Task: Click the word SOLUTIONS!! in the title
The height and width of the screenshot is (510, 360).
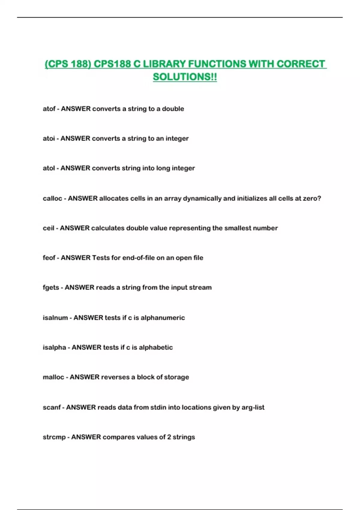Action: [x=185, y=77]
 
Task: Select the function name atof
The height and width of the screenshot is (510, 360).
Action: [x=49, y=109]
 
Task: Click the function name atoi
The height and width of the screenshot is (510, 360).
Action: [x=49, y=138]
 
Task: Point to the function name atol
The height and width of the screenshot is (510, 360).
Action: [x=49, y=168]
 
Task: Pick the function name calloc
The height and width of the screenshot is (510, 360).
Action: [x=52, y=198]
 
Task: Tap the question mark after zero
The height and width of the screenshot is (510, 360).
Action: [x=319, y=198]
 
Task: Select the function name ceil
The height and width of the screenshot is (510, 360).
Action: [x=48, y=228]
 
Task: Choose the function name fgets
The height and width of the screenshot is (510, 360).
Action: [x=51, y=287]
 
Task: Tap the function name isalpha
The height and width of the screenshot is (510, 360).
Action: [x=54, y=347]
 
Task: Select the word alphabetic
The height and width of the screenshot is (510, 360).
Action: [x=156, y=347]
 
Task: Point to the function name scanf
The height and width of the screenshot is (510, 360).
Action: [x=52, y=407]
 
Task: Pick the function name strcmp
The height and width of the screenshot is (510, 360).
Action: [x=54, y=437]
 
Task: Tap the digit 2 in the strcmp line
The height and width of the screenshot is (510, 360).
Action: [x=169, y=437]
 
